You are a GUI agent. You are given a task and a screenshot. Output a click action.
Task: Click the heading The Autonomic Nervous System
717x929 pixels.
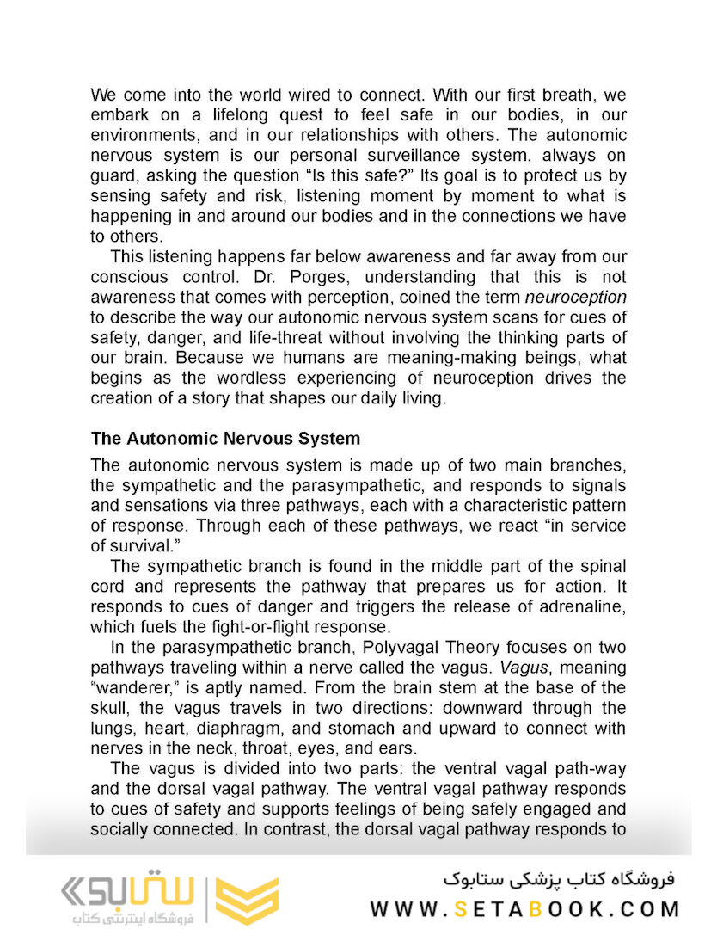click(x=225, y=438)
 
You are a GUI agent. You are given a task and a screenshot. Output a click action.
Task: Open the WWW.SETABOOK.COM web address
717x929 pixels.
click(x=525, y=908)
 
